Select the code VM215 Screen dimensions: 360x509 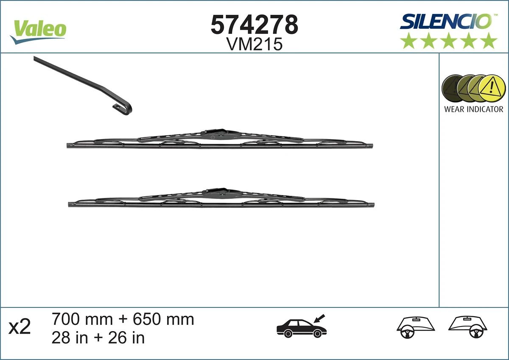coord(255,44)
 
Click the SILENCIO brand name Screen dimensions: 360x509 coord(445,21)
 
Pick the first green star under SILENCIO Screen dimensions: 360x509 coord(408,41)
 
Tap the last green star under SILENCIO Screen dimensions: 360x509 coord(489,41)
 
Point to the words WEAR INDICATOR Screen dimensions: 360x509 coord(473,109)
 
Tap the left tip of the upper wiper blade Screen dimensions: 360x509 coord(69,145)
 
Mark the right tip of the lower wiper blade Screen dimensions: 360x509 coord(372,205)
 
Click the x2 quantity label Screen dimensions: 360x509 coord(20,328)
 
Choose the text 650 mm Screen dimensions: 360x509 coord(163,319)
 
